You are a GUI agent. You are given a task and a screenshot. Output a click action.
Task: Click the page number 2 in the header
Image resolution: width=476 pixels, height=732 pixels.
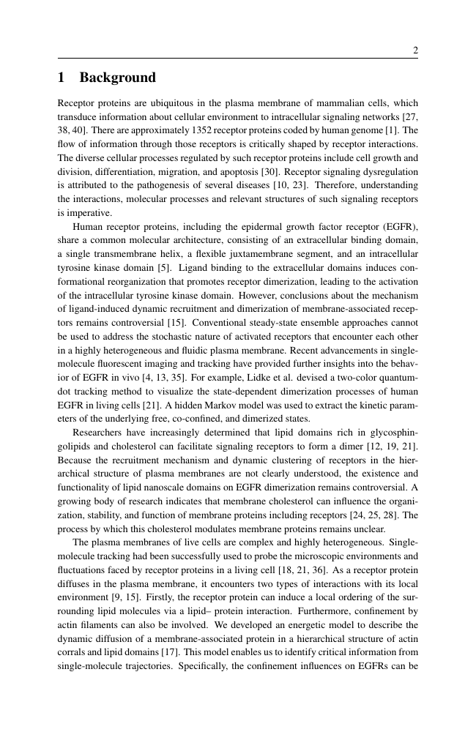point(415,51)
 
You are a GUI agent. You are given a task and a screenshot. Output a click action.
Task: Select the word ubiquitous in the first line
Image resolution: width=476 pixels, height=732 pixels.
point(163,103)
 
